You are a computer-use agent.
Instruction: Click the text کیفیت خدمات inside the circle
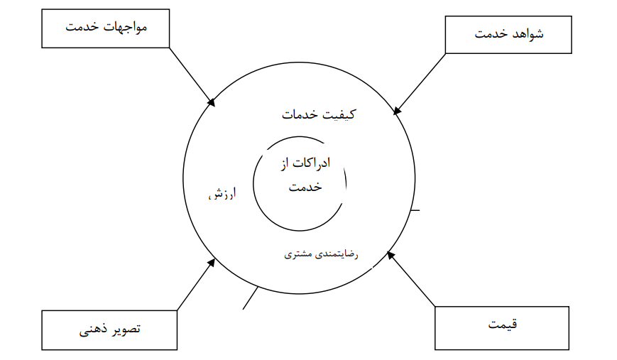pyautogui.click(x=318, y=114)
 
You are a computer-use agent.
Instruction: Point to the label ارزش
pyautogui.click(x=222, y=194)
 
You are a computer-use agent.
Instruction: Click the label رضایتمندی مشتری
pyautogui.click(x=321, y=254)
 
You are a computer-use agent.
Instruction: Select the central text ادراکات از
pyautogui.click(x=305, y=163)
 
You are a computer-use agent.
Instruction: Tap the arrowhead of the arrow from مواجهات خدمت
pyautogui.click(x=212, y=103)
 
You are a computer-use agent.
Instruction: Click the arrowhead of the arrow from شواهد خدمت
pyautogui.click(x=397, y=111)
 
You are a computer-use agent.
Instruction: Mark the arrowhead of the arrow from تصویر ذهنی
pyautogui.click(x=212, y=262)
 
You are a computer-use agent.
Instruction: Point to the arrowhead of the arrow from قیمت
pyautogui.click(x=391, y=256)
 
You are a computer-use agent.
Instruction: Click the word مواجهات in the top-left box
pyautogui.click(x=125, y=27)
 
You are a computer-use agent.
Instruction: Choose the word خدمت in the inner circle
pyautogui.click(x=305, y=187)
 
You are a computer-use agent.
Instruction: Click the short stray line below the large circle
pyautogui.click(x=250, y=298)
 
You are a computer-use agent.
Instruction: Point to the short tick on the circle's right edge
pyautogui.click(x=415, y=210)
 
